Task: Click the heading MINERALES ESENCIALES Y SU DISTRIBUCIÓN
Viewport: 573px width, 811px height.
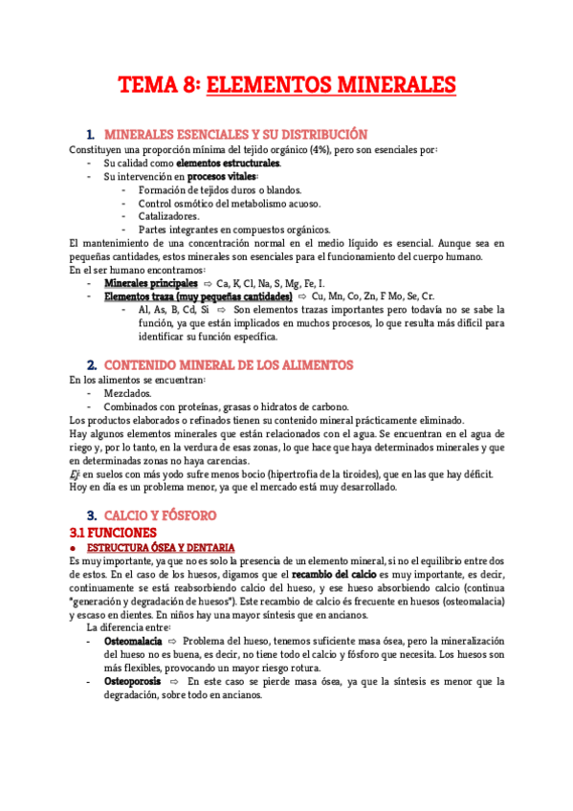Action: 234,135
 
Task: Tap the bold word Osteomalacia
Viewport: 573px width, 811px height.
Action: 133,640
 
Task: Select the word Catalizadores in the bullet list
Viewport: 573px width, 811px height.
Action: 168,216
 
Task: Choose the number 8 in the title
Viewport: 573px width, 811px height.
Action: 189,86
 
